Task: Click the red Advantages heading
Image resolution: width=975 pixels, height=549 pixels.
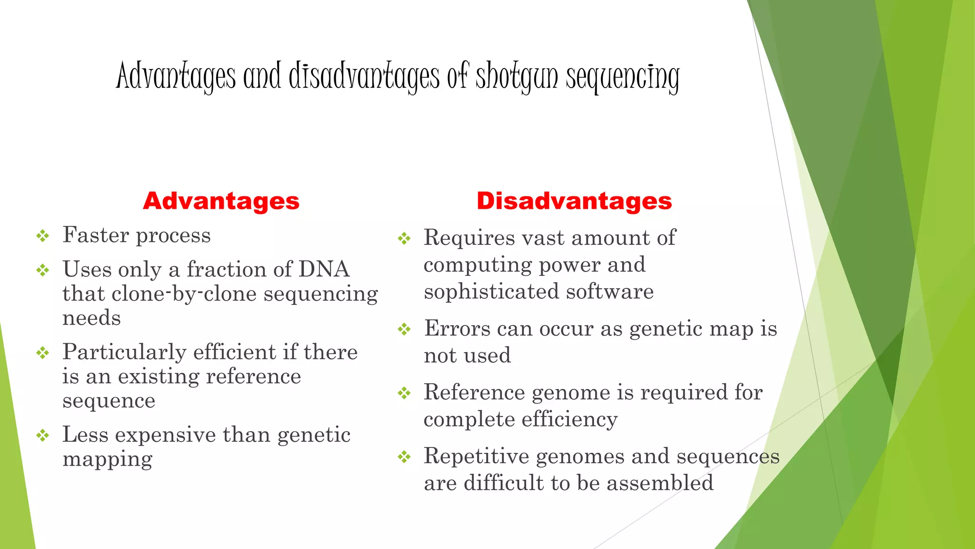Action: point(221,201)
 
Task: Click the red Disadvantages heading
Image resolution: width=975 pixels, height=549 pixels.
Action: point(574,201)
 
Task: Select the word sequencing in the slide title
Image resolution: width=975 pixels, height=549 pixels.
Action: point(622,76)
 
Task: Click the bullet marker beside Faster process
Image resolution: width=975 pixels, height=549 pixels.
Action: point(43,235)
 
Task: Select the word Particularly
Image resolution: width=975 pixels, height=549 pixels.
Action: point(124,352)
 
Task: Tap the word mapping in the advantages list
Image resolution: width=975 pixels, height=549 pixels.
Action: point(108,459)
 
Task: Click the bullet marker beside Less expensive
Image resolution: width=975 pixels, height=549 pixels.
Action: point(43,435)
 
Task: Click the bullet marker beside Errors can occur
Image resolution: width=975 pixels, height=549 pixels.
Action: point(404,329)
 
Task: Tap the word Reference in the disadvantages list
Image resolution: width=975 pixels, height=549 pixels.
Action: point(474,393)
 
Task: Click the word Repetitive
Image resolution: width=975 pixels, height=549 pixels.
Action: point(477,457)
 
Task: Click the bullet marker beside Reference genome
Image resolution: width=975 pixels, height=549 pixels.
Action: point(404,393)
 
